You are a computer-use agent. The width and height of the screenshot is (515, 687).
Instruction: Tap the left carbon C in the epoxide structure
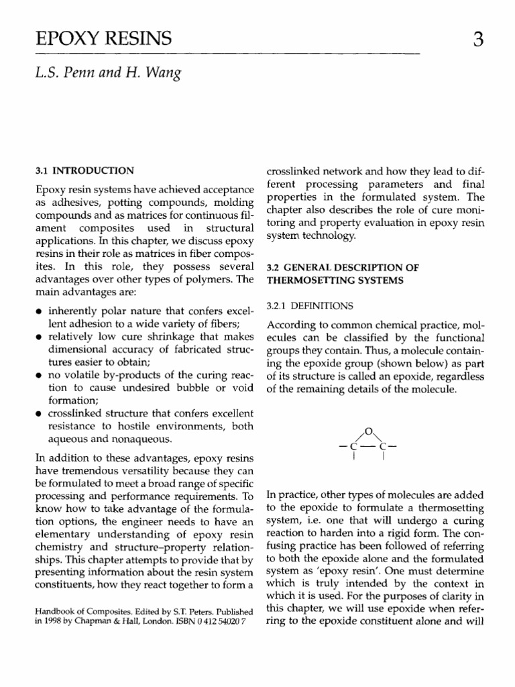pos(353,445)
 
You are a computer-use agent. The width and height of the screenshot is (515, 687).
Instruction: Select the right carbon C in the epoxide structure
pos(383,445)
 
